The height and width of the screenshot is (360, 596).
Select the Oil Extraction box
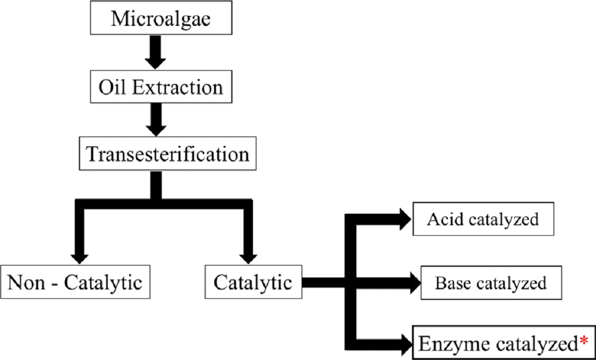pos(154,88)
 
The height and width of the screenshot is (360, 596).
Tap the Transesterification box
pos(168,154)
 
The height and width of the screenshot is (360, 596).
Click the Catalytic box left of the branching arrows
pos(253,283)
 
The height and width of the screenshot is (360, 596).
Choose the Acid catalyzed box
pos(483,219)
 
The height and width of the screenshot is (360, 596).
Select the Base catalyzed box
pos(491,283)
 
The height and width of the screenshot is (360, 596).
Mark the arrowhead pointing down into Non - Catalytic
pos(80,257)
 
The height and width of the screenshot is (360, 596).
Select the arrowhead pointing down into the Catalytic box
pos(247,257)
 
